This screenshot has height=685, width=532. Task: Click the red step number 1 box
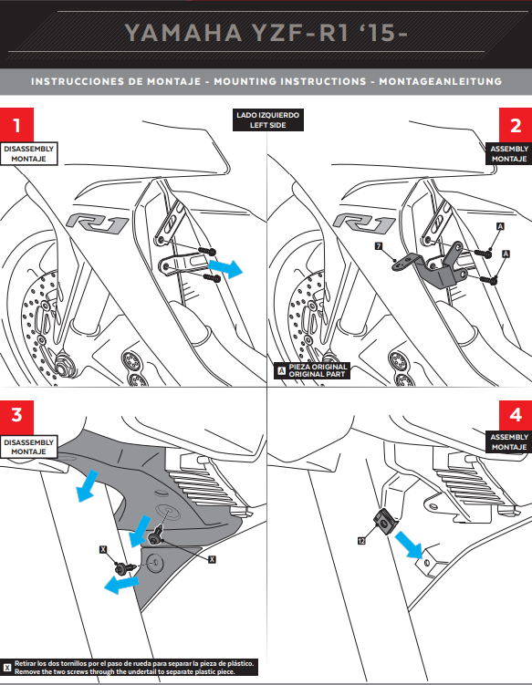[x=16, y=125]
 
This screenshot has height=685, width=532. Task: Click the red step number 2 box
[x=516, y=125]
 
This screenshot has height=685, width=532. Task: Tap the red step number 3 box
[x=16, y=414]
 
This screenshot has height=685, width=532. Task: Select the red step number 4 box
[x=516, y=414]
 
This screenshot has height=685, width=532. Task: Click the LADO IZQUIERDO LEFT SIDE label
[x=267, y=120]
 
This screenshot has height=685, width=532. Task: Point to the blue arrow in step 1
[x=225, y=268]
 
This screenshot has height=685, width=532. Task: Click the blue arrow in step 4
[x=409, y=545]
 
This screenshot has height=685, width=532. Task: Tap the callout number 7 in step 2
[x=379, y=246]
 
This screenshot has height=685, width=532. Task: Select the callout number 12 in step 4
[x=361, y=541]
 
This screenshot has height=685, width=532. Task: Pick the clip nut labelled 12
[x=384, y=522]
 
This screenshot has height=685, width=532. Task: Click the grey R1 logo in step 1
[x=97, y=223]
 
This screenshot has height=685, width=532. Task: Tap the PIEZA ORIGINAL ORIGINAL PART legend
[x=312, y=370]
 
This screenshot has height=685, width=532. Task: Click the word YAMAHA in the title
[x=183, y=33]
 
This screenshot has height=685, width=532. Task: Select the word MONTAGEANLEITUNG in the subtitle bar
[x=440, y=81]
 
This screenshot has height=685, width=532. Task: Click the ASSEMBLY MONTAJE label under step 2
[x=509, y=154]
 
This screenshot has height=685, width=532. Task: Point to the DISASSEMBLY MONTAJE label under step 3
[x=29, y=447]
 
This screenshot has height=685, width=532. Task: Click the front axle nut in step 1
[x=62, y=364]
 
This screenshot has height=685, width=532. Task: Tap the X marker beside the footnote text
[x=7, y=668]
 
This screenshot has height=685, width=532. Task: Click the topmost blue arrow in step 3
[x=87, y=485]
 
